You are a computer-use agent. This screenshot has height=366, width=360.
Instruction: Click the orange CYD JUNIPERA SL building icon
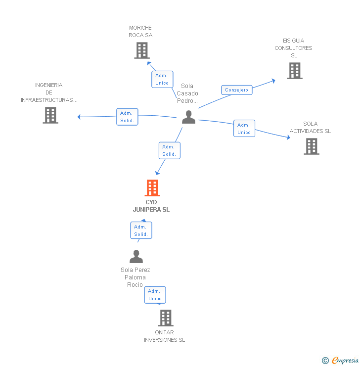click(x=152, y=188)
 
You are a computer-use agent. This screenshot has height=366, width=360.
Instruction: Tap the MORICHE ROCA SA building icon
click(x=142, y=50)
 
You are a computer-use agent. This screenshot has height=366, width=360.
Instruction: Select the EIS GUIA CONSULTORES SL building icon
click(x=295, y=71)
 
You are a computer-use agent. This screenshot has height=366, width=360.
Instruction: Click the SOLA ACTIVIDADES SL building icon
click(x=312, y=146)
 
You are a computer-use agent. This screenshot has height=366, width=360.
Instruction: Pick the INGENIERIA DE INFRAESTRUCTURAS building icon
click(x=50, y=115)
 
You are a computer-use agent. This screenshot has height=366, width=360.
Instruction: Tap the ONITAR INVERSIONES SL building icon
click(x=166, y=318)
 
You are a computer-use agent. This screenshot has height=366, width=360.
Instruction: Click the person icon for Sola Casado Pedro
click(x=188, y=117)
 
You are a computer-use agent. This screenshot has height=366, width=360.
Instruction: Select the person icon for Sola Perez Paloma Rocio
click(x=136, y=257)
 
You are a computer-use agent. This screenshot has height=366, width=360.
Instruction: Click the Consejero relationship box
click(x=237, y=90)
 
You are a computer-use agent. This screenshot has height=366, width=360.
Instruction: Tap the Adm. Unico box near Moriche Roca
click(x=162, y=79)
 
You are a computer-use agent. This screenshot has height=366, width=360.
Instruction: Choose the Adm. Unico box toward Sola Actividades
click(x=244, y=129)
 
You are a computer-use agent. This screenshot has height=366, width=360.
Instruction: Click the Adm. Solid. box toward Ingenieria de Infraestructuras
click(x=127, y=117)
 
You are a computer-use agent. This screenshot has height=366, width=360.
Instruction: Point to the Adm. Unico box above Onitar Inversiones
click(x=155, y=295)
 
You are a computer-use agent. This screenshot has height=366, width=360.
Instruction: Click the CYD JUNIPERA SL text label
click(x=151, y=206)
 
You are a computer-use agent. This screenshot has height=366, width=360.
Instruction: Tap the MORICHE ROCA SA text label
click(x=140, y=32)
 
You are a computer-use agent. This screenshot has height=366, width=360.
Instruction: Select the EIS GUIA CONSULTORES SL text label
click(x=294, y=48)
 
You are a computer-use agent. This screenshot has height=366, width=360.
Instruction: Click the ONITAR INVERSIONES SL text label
click(x=164, y=336)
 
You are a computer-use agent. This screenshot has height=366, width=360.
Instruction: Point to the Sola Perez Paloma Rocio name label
click(x=135, y=277)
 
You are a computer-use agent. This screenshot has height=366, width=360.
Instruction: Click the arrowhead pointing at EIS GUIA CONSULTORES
click(x=273, y=80)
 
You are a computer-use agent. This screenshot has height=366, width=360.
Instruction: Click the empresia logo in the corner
click(x=341, y=361)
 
